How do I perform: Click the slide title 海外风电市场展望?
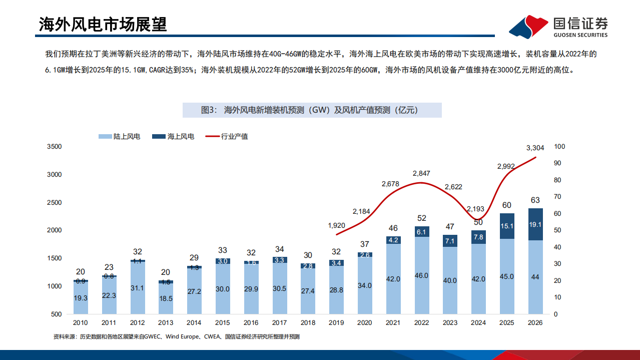103,24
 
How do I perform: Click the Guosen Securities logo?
557,26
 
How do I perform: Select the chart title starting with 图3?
312,110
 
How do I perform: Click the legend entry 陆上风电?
120,136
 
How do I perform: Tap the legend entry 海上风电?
173,136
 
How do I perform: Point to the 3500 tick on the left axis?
54,147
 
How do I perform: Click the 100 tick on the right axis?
560,147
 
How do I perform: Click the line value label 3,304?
535,148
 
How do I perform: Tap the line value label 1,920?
336,226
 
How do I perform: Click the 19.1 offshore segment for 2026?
535,224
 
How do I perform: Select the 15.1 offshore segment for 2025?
507,226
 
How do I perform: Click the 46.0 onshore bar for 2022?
421,275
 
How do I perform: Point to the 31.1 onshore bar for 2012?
138,288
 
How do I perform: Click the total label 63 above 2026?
535,201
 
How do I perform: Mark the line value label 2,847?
421,173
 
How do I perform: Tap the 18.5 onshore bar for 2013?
166,298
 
